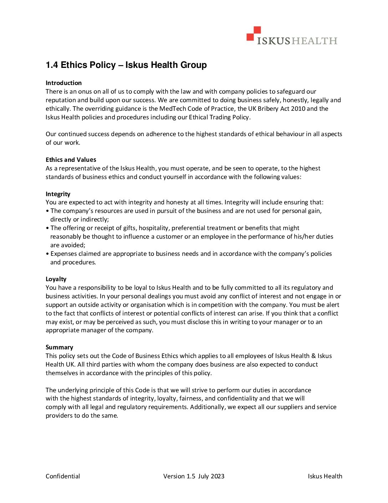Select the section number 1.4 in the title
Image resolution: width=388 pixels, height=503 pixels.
click(x=52, y=65)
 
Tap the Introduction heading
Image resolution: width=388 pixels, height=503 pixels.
click(x=63, y=83)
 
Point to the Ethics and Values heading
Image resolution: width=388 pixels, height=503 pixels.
click(x=71, y=160)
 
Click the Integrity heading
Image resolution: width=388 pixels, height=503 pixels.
click(x=58, y=194)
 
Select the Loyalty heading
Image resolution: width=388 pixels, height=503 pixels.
click(x=56, y=279)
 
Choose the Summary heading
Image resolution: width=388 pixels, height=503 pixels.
click(x=59, y=347)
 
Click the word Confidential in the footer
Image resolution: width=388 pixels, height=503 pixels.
click(x=63, y=476)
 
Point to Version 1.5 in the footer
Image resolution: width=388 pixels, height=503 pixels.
click(x=179, y=476)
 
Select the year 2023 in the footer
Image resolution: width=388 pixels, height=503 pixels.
click(x=218, y=476)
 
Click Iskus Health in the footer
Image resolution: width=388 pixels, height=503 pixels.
click(x=325, y=476)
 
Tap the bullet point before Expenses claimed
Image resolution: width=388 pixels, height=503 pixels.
click(x=47, y=254)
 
